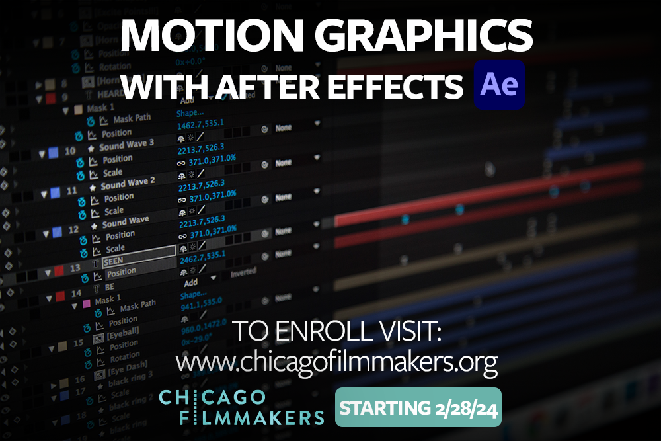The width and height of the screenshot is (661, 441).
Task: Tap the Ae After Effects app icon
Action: click(499, 85)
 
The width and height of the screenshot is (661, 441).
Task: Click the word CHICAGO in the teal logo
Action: click(212, 399)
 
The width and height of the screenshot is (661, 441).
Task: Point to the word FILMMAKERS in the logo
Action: click(241, 417)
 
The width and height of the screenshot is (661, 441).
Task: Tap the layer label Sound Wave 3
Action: click(126, 145)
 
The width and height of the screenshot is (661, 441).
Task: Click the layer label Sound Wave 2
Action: click(128, 183)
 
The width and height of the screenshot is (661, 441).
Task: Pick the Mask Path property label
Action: click(132, 119)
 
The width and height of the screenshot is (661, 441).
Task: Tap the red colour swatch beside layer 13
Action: click(59, 270)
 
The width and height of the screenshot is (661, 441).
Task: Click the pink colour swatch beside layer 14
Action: click(85, 303)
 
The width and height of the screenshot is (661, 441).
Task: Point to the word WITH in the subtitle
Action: click(159, 87)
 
